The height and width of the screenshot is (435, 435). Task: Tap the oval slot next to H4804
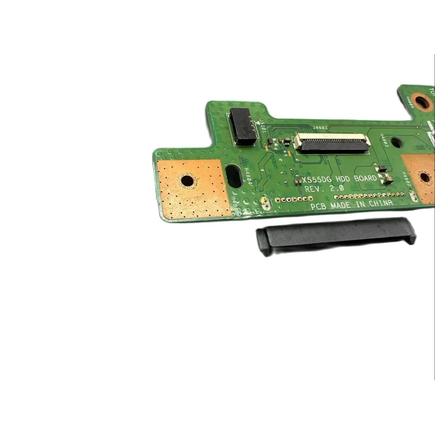(234, 176)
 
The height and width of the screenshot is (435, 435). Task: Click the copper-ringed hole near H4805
(421, 102)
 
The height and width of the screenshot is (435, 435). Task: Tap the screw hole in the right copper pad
(425, 178)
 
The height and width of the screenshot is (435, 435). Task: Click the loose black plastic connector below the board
(336, 236)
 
